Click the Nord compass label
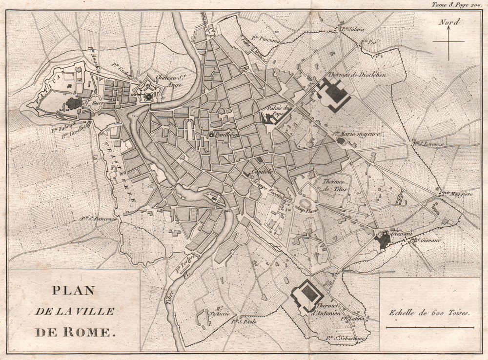448,21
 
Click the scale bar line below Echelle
429,328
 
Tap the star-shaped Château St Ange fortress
148,97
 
